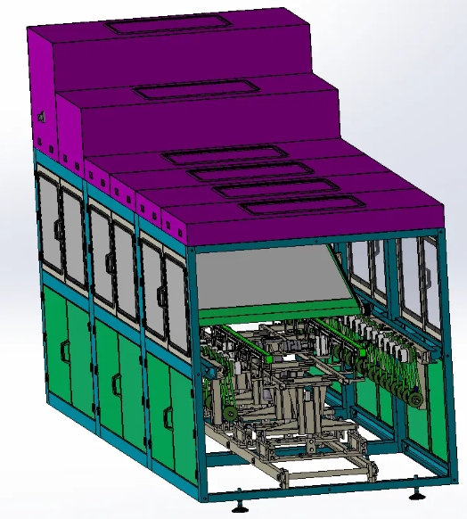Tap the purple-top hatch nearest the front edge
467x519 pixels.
tap(291, 206)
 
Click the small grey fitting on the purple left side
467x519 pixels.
tap(40, 117)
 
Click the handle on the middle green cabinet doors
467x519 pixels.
tap(116, 383)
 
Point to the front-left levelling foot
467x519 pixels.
tap(240, 508)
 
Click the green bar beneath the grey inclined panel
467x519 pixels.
tap(267, 314)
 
